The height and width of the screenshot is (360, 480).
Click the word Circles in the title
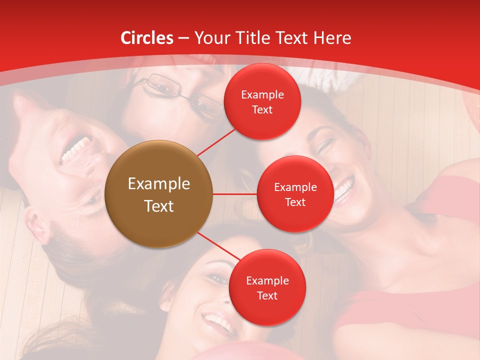point(146,38)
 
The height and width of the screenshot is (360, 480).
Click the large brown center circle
point(159,194)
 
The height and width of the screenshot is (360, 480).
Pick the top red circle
point(262,101)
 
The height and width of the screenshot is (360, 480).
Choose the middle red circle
point(295,194)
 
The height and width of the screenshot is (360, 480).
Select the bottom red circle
point(267,287)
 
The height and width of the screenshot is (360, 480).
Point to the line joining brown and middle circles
point(235,194)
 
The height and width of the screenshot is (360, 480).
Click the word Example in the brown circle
point(159,184)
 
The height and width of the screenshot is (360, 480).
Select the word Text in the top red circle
point(262,110)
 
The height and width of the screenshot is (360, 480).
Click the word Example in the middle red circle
point(295,187)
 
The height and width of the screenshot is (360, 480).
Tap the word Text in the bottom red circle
point(267,296)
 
